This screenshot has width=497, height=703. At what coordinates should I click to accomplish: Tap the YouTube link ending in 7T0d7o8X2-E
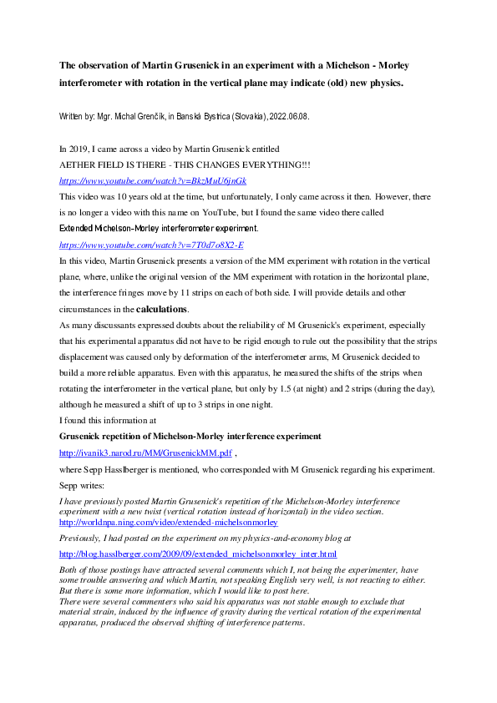point(150,245)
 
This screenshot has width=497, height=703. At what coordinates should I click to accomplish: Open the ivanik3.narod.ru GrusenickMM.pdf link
point(143,452)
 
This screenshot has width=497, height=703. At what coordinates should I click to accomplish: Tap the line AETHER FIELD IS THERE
point(184,164)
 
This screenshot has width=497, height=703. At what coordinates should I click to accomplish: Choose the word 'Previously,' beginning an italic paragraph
point(80,538)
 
